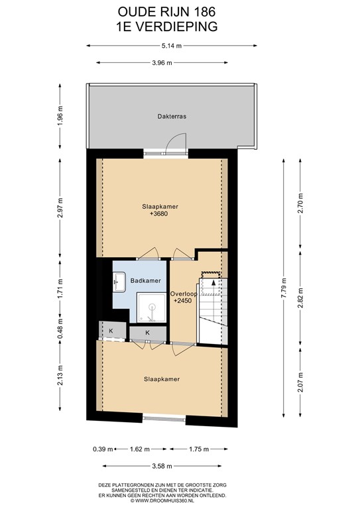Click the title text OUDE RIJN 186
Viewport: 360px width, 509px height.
166,11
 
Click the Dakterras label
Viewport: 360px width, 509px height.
171,115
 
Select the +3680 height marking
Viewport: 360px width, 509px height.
160,215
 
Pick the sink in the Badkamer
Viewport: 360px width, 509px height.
120,282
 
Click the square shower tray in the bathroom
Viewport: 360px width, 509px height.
151,306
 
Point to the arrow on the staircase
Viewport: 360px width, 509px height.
212,283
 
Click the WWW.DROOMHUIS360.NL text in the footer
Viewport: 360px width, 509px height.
171,500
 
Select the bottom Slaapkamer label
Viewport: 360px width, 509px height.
162,379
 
